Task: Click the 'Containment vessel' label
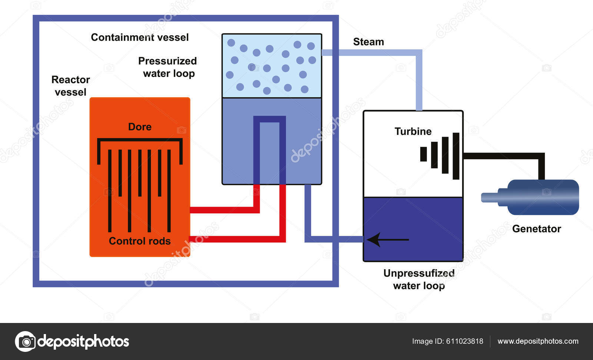(140, 37)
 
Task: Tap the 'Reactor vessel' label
(70, 86)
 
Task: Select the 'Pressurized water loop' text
(168, 67)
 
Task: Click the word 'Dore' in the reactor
(140, 127)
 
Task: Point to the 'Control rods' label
(140, 241)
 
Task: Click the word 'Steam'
(368, 42)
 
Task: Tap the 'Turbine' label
(413, 131)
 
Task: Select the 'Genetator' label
(536, 229)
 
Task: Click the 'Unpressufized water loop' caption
(419, 279)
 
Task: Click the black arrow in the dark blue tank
(388, 240)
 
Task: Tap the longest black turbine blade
(456, 156)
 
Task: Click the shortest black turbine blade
(423, 154)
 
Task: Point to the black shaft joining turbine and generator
(504, 156)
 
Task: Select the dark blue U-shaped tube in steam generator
(269, 119)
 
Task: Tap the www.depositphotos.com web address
(538, 341)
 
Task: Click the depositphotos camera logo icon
(25, 341)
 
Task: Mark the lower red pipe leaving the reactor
(237, 239)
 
